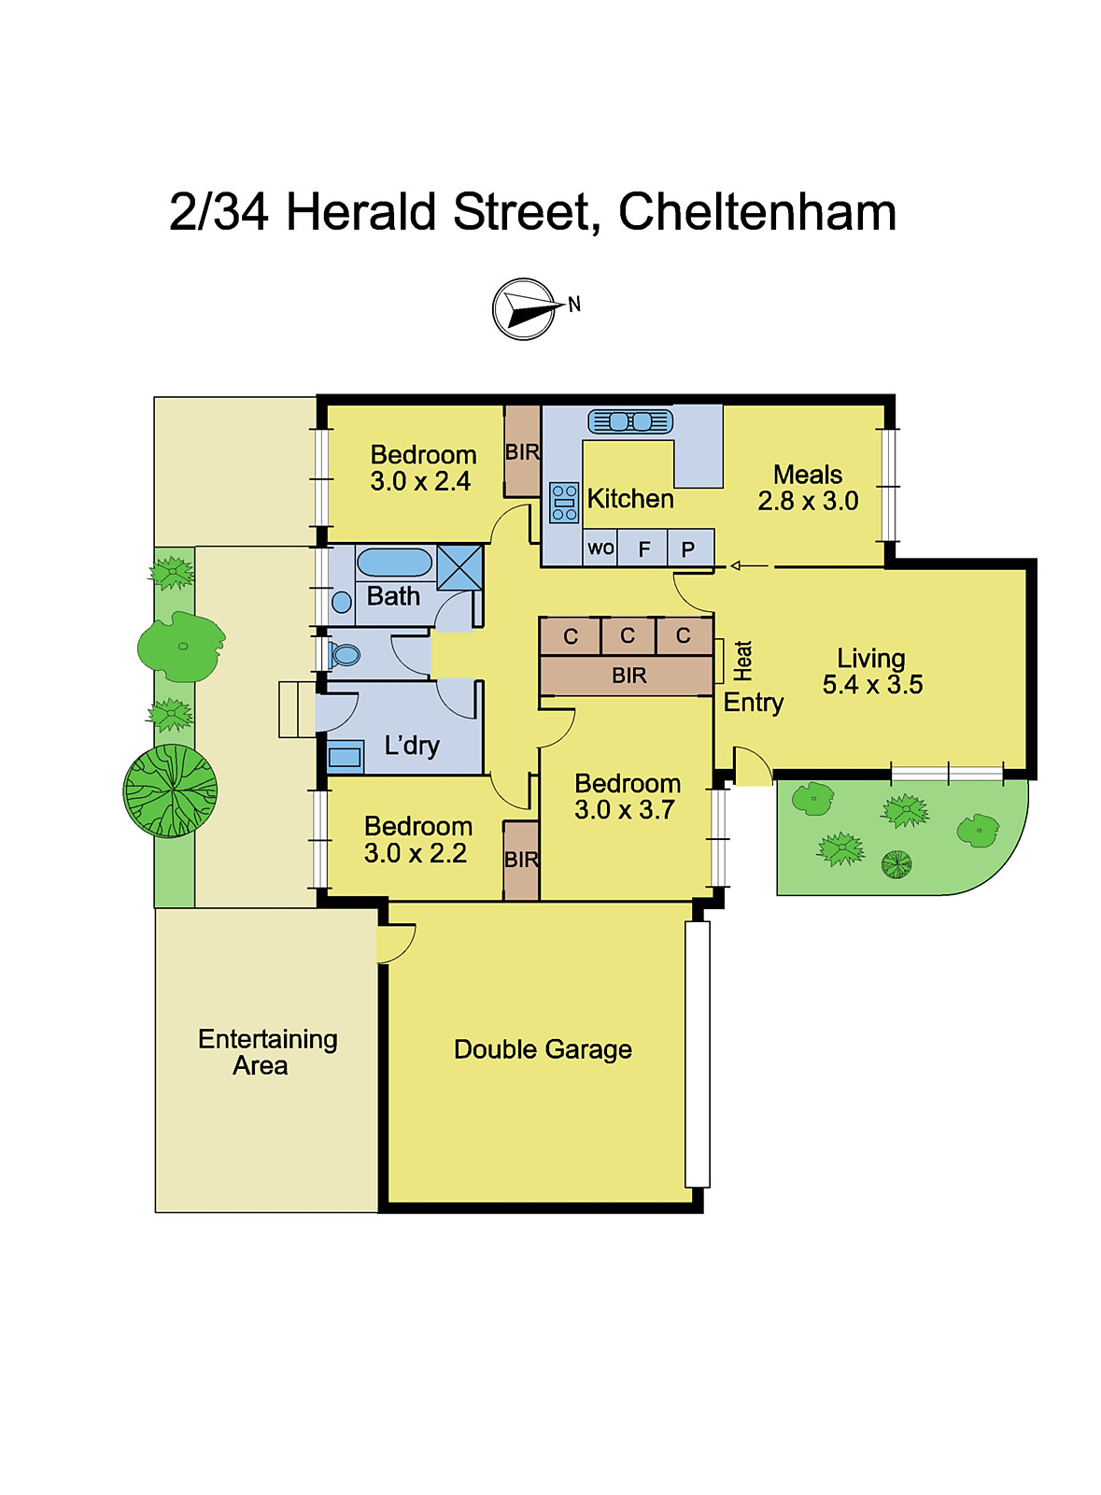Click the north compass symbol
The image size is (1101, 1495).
click(524, 308)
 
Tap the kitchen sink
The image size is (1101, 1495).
click(630, 421)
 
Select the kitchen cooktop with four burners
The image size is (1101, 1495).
click(564, 502)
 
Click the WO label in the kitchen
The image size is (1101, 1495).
click(600, 548)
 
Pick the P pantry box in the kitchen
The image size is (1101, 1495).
click(689, 549)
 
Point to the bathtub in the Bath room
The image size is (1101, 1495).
click(394, 562)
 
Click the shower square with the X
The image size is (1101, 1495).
click(460, 567)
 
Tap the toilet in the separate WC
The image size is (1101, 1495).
click(345, 654)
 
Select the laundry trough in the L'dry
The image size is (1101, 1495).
click(345, 756)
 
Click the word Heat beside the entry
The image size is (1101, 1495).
click(742, 661)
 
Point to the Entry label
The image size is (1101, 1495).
click(754, 703)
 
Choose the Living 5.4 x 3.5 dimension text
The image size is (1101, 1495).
click(872, 684)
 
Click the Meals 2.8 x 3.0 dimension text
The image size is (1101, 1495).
click(808, 501)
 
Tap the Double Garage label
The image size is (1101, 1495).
click(543, 1049)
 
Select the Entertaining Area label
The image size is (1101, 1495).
click(267, 1052)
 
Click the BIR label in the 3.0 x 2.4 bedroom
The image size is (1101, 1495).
click(522, 452)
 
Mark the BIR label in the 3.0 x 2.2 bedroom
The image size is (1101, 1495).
click(521, 860)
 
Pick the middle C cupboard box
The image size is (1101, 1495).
click(628, 636)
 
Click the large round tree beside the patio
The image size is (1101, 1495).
click(170, 790)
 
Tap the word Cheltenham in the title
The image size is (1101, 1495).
click(756, 212)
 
